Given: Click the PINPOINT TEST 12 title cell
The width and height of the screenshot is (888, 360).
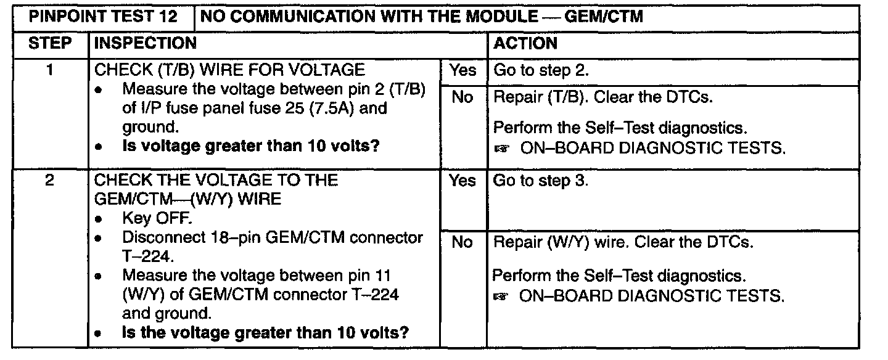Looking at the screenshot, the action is (104, 17).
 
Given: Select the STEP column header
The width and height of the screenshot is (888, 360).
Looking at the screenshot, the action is (51, 44).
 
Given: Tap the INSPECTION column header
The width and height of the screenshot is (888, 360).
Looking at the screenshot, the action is (146, 44).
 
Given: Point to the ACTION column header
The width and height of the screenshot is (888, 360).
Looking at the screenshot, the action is (526, 44).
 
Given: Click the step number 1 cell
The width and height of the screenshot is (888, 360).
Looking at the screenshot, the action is (51, 70).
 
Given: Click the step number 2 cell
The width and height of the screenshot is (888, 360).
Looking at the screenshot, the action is (51, 181).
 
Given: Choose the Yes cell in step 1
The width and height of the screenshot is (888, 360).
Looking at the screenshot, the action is (463, 70).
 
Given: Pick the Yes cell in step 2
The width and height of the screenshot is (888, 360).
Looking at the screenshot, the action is (463, 181).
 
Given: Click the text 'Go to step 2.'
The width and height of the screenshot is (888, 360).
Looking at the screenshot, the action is (542, 71).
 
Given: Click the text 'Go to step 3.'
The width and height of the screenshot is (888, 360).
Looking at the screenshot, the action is (542, 181).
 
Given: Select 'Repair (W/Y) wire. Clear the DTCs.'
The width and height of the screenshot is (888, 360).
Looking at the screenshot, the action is (623, 243).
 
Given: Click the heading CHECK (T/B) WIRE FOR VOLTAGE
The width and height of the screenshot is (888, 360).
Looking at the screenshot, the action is (229, 70).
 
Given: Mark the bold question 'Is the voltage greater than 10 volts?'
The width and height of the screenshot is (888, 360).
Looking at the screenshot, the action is (265, 333).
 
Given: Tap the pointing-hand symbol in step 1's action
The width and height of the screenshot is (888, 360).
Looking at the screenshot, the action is (503, 149).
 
